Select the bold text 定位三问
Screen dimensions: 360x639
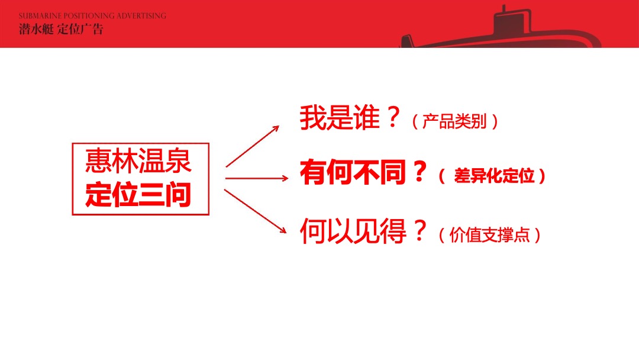click(138, 195)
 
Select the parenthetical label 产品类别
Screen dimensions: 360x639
click(454, 121)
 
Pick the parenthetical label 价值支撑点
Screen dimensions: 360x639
click(489, 235)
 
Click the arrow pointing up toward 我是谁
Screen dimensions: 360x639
click(252, 146)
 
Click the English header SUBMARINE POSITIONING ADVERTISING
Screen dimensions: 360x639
click(92, 16)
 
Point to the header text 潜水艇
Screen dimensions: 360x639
click(35, 29)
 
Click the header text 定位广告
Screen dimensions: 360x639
click(80, 29)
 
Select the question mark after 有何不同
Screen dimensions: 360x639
click(419, 173)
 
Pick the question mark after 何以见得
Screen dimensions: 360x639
click(419, 232)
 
